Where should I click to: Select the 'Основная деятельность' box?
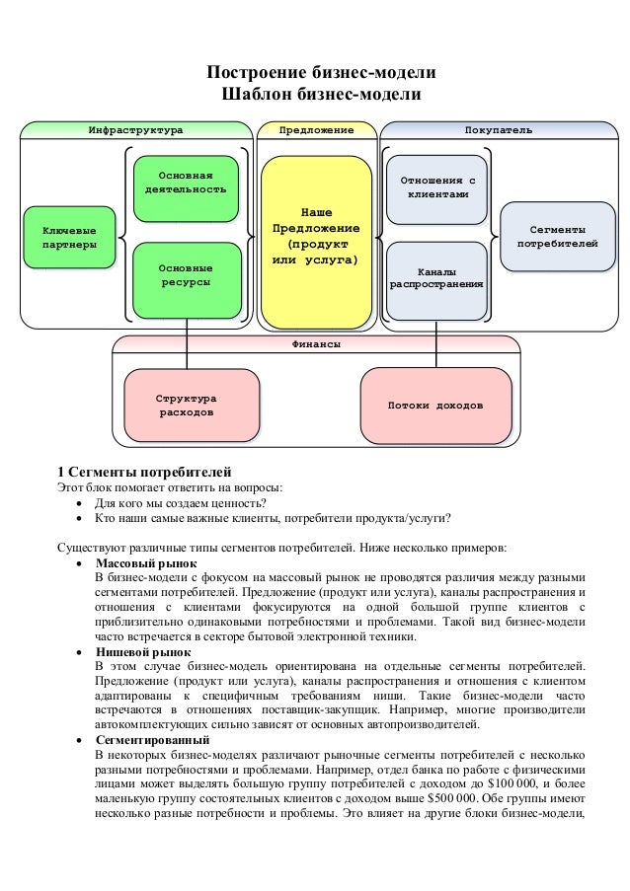pos(186,183)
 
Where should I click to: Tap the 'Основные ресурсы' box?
pos(186,274)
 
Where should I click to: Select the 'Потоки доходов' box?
pos(434,406)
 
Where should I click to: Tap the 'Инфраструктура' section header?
pos(135,129)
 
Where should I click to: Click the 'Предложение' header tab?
pos(316,129)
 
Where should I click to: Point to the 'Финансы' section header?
pos(316,344)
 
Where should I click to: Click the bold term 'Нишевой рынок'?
pos(143,652)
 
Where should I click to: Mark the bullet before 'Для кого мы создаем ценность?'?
pos(81,502)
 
